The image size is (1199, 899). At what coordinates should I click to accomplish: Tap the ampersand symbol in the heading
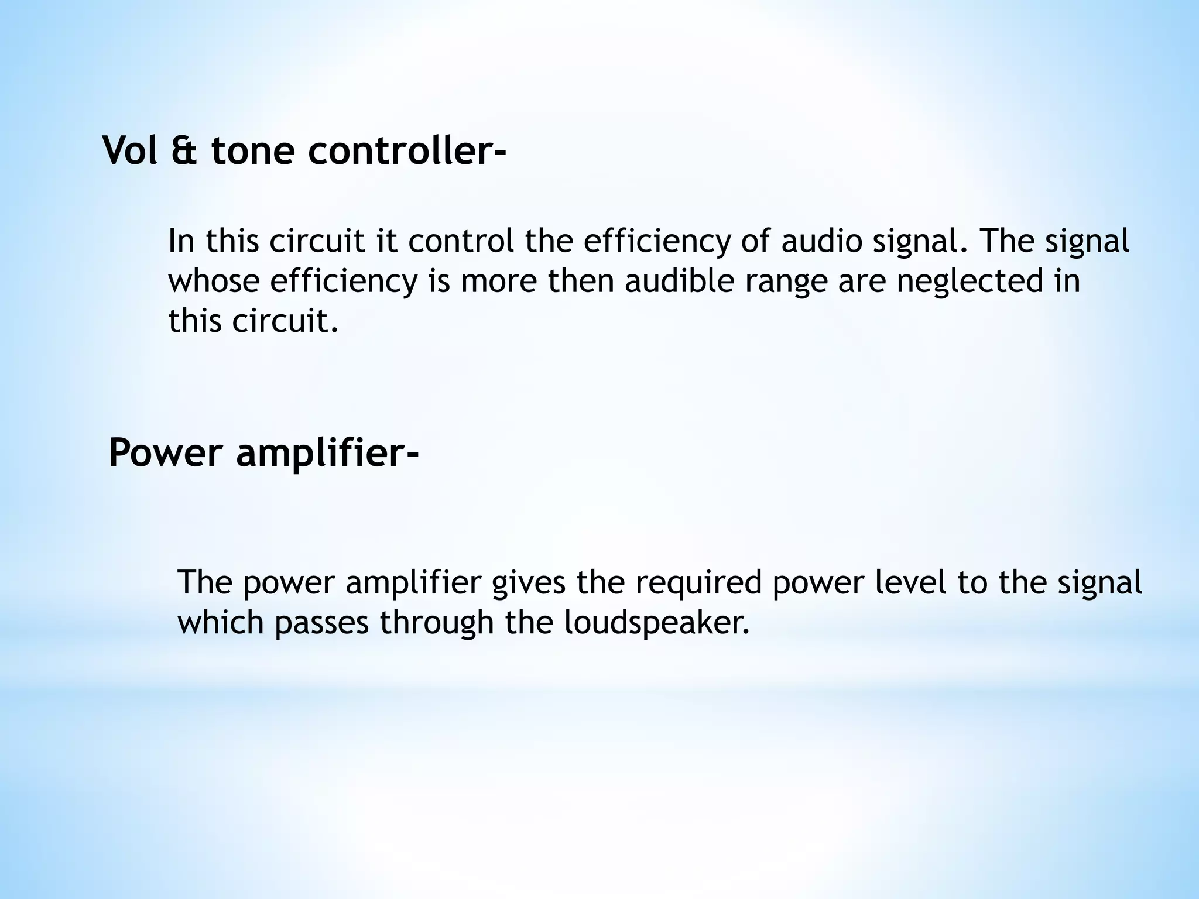coord(184,150)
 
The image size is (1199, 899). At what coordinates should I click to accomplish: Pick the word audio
coord(821,241)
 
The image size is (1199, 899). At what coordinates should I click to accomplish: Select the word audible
coord(679,281)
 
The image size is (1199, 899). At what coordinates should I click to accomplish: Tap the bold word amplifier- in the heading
coord(328,454)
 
